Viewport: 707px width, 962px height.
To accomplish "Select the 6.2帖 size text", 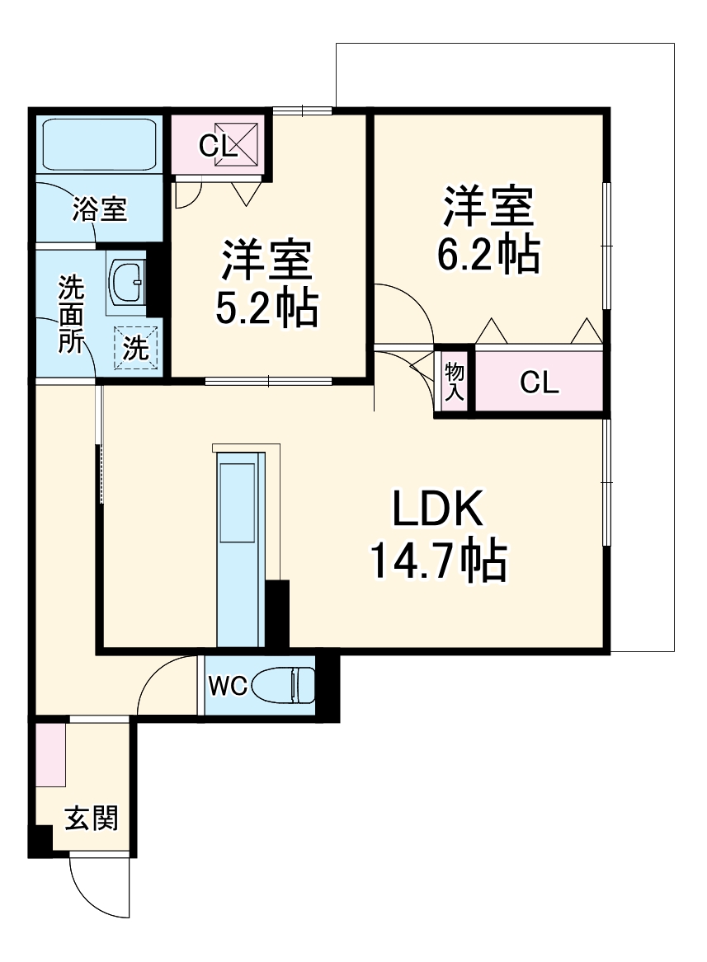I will (x=488, y=256).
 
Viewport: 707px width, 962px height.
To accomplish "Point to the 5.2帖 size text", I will (x=266, y=308).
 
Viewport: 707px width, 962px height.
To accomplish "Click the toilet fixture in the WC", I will (x=283, y=685).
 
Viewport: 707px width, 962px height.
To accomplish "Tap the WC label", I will (x=228, y=686).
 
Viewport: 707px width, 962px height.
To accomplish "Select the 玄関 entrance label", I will (x=92, y=819).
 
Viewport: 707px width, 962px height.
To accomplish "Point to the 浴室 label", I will (x=99, y=209).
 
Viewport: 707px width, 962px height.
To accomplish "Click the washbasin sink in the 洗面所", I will (x=127, y=282).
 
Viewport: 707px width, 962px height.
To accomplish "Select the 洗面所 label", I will (x=70, y=314).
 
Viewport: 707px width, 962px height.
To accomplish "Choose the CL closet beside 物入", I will (x=540, y=382).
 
